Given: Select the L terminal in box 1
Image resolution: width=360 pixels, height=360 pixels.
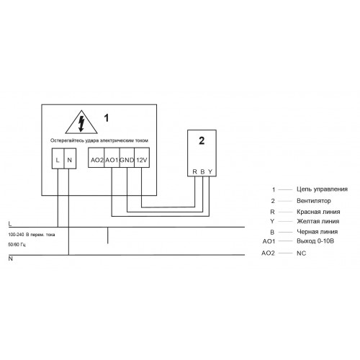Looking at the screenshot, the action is tap(58, 158).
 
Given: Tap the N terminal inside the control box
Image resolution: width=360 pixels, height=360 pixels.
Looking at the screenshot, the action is tap(70, 158).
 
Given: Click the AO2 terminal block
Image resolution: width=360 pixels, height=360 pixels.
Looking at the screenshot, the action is tap(96, 158).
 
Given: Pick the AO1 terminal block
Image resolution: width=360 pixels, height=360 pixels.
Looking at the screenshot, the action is tap(112, 158).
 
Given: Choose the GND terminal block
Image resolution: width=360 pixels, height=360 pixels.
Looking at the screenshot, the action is tap(127, 158).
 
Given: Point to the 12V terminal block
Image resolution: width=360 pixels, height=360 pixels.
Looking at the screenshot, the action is tap(142, 158).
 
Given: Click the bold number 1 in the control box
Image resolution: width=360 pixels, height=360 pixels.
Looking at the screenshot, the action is tap(107, 118).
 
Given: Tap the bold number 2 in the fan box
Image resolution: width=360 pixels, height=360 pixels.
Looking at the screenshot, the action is tap(202, 140).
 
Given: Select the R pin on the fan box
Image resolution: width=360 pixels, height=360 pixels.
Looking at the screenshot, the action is tap(194, 171).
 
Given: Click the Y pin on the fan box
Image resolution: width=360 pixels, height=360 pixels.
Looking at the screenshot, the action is tap(210, 171).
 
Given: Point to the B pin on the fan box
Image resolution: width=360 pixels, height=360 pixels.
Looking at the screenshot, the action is tap(202, 171).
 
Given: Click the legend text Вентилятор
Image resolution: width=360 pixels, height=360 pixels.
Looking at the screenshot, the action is tap(314, 201).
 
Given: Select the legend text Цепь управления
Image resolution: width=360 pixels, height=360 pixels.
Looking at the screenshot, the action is tap(322, 189).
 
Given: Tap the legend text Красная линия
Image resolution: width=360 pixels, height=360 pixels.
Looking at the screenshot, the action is tap(318, 212).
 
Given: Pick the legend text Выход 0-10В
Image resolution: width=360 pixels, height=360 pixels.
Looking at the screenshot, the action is tap(315, 241).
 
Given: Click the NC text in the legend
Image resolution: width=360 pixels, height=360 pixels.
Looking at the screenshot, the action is tap(301, 253).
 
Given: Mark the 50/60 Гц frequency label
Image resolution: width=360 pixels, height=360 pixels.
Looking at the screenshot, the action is tap(17, 245).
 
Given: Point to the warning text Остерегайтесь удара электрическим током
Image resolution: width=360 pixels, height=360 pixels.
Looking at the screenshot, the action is tap(99, 140).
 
